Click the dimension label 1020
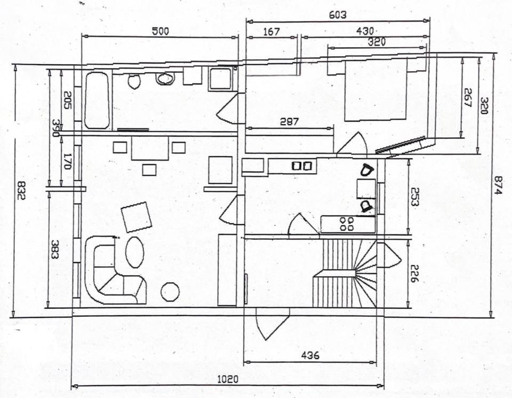[228, 378]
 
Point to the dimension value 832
[21, 190]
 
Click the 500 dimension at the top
[160, 31]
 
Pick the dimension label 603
[338, 15]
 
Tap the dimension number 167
[271, 32]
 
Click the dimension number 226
[415, 272]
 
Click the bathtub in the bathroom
[97, 101]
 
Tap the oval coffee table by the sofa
[134, 252]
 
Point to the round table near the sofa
[171, 292]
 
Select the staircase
[345, 273]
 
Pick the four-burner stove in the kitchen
[347, 223]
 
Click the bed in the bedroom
[375, 90]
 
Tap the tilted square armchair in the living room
[137, 216]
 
